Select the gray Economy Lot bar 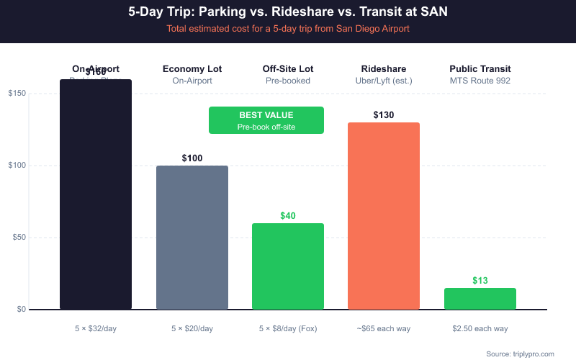click(x=192, y=238)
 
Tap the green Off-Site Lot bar click(x=288, y=266)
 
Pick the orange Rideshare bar click(x=384, y=216)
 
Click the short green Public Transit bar click(x=480, y=299)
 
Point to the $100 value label click(x=192, y=158)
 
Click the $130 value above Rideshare click(x=384, y=114)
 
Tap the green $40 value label click(x=288, y=215)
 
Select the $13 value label click(x=480, y=280)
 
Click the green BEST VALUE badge click(x=266, y=120)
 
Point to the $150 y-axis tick click(x=17, y=94)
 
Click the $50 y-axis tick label click(x=18, y=238)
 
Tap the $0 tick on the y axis click(x=20, y=310)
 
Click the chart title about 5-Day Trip click(x=288, y=12)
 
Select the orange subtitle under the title click(x=288, y=29)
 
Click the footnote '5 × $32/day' click(x=96, y=328)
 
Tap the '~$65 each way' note click(x=384, y=328)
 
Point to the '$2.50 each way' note click(x=480, y=328)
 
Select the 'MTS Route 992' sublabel click(x=480, y=81)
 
